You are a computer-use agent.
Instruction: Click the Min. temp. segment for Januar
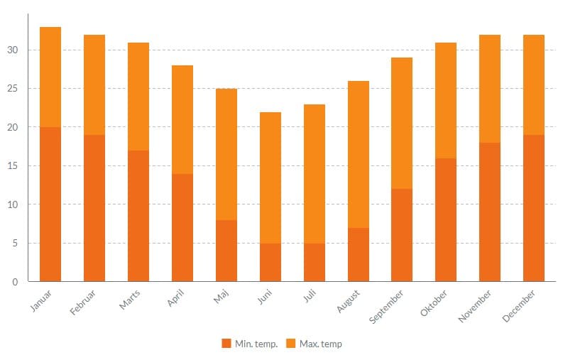tap(50, 204)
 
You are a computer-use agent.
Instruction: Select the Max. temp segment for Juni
tap(270, 178)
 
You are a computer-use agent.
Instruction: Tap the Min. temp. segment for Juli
tap(315, 262)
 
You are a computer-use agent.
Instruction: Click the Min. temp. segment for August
tap(359, 254)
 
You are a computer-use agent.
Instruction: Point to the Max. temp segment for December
tap(534, 84)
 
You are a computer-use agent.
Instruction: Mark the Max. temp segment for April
tap(182, 119)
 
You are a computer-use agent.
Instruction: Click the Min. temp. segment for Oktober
tap(446, 219)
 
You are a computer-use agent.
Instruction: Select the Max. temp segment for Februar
tap(94, 84)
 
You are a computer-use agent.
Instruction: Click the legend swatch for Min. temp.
tap(226, 344)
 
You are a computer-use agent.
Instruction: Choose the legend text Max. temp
tap(320, 344)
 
